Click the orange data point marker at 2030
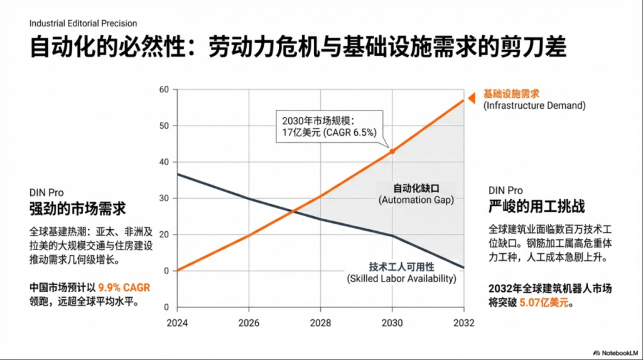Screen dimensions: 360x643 point(392,151)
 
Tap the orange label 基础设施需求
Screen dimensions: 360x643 point(511,94)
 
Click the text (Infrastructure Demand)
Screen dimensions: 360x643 point(534,106)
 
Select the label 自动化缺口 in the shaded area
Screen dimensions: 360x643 point(415,188)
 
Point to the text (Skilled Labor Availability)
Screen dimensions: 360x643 point(401,278)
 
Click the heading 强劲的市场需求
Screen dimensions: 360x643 point(77,208)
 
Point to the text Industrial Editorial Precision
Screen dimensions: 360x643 point(83,23)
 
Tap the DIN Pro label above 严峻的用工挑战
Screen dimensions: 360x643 point(505,190)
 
